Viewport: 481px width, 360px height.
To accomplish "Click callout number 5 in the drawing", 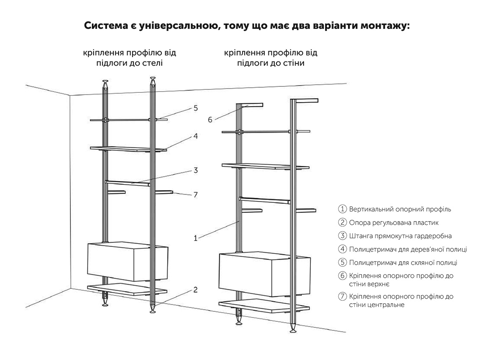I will pos(195,108).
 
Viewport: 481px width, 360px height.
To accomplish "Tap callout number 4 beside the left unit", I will pos(195,136).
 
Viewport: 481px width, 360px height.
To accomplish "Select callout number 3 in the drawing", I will pos(195,171).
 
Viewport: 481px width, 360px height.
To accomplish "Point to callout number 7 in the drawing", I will pos(195,195).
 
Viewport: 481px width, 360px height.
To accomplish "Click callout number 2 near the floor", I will pos(195,290).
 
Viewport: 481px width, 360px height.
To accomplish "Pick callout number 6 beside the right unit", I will pos(210,120).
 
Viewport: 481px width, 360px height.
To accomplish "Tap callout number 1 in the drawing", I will pos(196,238).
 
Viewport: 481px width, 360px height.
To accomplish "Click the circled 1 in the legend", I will pos(343,209).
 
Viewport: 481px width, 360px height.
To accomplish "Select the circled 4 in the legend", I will pos(343,249).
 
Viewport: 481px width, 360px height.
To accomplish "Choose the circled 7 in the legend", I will pos(343,296).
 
